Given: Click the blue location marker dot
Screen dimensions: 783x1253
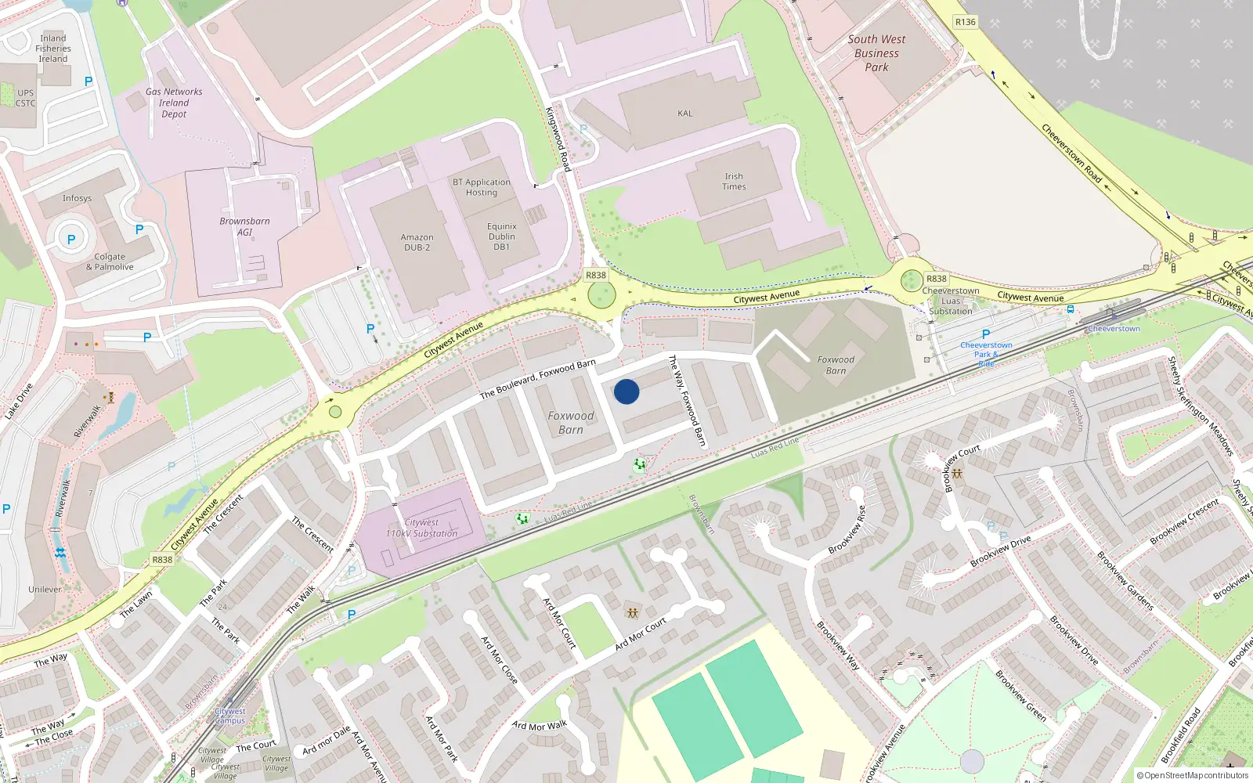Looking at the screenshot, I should pos(626,391).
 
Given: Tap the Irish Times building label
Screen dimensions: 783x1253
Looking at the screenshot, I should pos(734,182).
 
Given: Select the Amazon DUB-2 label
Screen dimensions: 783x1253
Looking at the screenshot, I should pos(417,243).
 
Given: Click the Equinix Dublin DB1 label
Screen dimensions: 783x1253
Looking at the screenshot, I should pos(502,236).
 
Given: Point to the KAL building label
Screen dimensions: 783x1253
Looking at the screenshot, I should pos(685,114).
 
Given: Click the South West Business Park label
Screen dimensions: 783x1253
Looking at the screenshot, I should pos(876,53).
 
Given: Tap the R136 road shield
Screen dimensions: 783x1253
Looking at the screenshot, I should pos(966,22).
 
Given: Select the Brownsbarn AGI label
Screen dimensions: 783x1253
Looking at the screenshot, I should pos(244,226).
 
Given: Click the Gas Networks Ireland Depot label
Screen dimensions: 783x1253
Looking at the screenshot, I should pos(174,103).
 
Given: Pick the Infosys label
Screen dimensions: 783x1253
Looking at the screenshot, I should pos(77,199).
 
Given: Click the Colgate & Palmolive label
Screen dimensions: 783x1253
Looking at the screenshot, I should pos(110,262).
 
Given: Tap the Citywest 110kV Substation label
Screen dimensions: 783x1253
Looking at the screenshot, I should pos(421,529).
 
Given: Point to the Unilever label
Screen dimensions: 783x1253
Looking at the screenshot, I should pos(45,590).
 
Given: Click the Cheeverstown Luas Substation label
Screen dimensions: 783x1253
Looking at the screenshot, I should pos(951,301).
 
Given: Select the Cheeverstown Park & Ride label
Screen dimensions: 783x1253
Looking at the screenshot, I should pos(986,354).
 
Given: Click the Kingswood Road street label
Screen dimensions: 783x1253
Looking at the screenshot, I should pos(558,139).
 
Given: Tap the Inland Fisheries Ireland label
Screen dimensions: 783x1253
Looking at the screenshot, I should pos(53,49).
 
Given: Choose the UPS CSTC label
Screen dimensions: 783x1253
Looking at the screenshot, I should pos(26,98).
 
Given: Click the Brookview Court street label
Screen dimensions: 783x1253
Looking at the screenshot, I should pos(962,467).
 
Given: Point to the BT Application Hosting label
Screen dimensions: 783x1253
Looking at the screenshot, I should pos(482,187).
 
